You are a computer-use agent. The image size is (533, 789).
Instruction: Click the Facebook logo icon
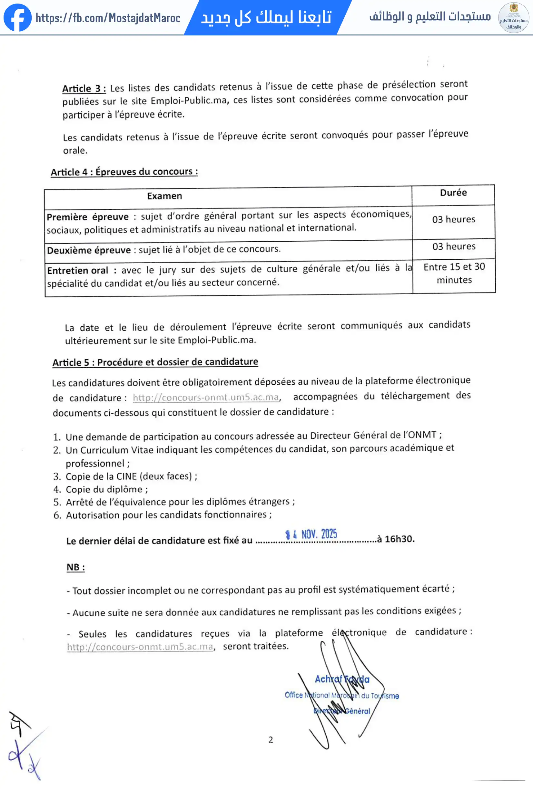17,17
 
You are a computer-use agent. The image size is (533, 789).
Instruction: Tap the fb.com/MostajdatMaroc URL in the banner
108,18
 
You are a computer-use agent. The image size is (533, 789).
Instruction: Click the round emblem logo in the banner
513,18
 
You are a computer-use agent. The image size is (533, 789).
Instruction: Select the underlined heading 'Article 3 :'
84,89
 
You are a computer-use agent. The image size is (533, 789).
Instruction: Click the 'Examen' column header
164,196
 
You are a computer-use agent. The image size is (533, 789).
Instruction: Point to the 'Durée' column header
453,193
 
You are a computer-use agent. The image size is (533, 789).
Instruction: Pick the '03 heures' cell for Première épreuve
453,219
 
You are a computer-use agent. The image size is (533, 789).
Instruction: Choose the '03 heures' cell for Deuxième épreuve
454,246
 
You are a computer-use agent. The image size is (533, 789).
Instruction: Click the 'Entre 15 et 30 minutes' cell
454,273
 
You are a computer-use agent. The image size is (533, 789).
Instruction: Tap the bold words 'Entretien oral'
77,271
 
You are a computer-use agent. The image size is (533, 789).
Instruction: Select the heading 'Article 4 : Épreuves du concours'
124,172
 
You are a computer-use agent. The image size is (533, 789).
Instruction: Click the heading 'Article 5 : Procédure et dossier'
155,362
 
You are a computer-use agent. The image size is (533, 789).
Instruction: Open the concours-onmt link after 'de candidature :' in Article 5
206,397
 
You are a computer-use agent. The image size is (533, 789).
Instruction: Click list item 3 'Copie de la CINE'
131,476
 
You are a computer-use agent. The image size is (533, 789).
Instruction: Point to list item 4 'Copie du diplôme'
106,489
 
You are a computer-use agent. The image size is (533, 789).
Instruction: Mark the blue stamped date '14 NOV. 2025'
311,534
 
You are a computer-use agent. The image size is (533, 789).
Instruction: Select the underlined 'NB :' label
75,567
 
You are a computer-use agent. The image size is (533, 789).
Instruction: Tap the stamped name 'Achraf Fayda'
342,679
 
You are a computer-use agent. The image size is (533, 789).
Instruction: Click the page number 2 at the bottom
271,739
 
